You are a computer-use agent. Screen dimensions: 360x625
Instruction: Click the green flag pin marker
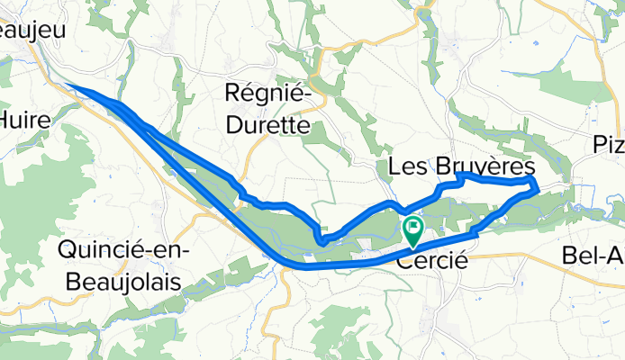[x=413, y=229]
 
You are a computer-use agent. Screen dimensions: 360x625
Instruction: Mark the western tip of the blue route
[x=69, y=86]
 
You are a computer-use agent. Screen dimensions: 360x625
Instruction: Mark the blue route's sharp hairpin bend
[x=321, y=237]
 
